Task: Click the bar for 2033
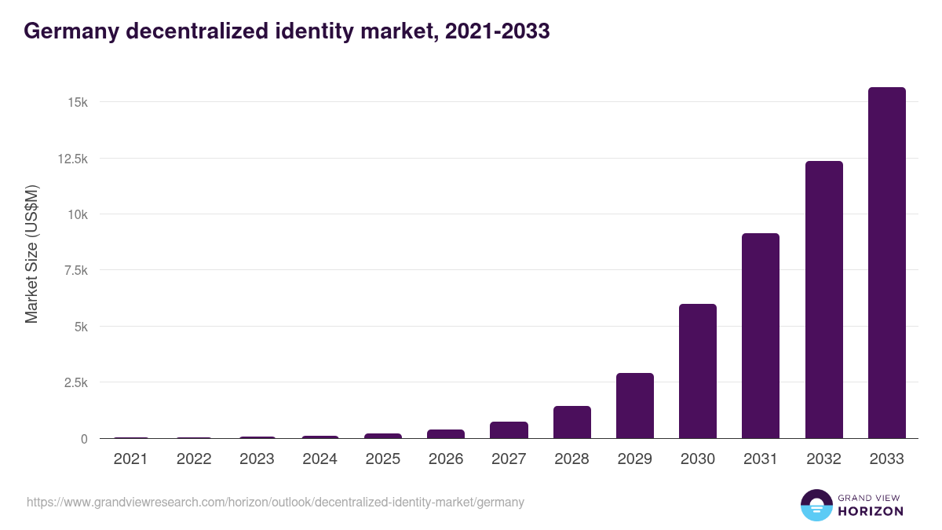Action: (x=886, y=263)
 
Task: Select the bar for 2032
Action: (x=823, y=300)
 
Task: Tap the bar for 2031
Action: (x=761, y=336)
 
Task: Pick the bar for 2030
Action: (x=697, y=371)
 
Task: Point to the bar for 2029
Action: (x=634, y=406)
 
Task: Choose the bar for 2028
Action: (x=571, y=422)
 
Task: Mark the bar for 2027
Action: (x=509, y=430)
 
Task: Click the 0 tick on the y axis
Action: (x=83, y=439)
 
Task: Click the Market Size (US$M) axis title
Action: (x=31, y=254)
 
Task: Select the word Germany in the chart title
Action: (x=70, y=31)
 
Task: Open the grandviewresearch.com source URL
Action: (x=275, y=502)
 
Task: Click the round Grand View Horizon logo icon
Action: (x=816, y=505)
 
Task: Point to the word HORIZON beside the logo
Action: (x=871, y=511)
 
